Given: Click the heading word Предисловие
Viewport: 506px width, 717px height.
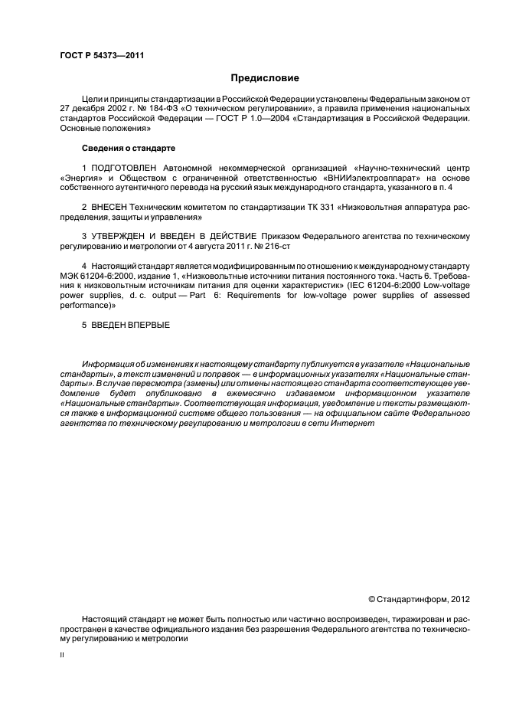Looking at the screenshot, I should pos(266,78).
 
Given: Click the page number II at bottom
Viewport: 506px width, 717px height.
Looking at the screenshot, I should pos(63,656).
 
